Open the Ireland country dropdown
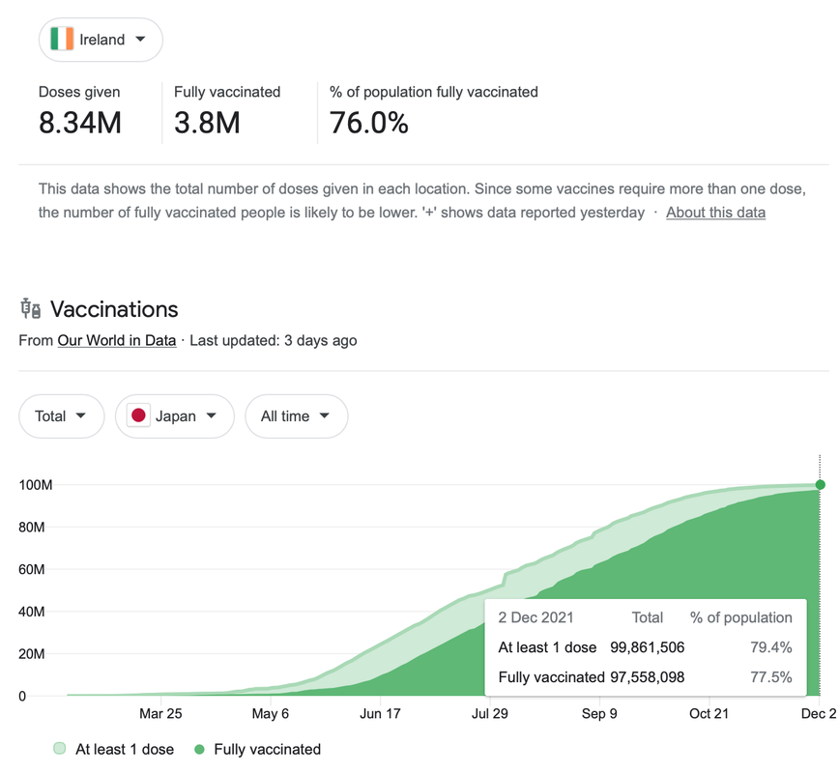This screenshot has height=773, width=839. pos(101,40)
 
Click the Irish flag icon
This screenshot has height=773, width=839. pos(62,40)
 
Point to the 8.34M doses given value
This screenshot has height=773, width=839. pos(80,123)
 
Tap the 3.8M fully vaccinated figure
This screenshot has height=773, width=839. pos(207,123)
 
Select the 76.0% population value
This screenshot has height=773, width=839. pos(368,123)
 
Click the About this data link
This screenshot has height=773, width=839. pos(715,213)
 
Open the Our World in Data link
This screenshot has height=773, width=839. pos(117,340)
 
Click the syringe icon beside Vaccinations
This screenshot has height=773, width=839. pos(31,309)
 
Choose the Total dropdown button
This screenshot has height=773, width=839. pos(61,416)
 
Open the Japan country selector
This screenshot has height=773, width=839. pos(174,416)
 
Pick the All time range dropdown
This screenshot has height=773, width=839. pos(296,416)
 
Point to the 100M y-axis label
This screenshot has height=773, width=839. pos(36,484)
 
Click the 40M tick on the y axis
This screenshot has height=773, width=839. pos(32,612)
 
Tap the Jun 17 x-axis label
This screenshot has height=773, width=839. pos(380,714)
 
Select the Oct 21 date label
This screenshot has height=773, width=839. pos(709,714)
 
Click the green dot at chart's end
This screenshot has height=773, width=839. pos(821,485)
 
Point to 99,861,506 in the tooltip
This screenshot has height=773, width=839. pos(648,647)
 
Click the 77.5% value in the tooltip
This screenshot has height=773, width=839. pos(770,677)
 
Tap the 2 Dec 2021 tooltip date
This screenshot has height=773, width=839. pos(535,617)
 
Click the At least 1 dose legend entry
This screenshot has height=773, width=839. pos(114,749)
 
